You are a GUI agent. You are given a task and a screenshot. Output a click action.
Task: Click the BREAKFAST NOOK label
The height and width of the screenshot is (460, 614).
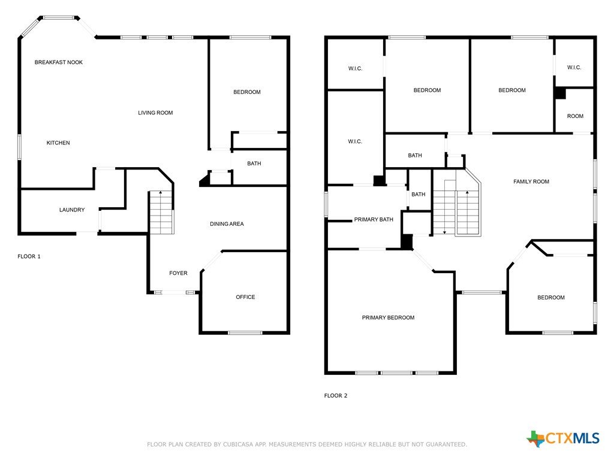59,62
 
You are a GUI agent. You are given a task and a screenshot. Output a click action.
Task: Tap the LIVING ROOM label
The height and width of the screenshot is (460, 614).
155,113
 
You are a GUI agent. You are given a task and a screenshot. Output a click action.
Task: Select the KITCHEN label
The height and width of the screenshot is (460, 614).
58,143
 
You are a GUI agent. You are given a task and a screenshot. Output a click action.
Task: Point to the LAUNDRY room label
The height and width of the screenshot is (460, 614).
72,210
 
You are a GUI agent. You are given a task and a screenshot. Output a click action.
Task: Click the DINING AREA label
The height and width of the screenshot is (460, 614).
227,224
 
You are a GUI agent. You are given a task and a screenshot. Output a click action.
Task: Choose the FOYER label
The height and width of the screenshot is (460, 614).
178,273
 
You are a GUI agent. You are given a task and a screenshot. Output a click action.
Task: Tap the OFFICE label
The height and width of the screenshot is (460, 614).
245,297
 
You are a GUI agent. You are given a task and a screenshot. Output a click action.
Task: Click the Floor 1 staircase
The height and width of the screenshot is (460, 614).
161,213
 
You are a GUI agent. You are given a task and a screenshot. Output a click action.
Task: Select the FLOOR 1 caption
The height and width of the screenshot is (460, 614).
29,256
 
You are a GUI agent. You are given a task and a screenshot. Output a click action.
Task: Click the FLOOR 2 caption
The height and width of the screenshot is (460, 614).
336,395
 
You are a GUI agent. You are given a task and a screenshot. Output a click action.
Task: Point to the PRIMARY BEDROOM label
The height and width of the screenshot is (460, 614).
388,317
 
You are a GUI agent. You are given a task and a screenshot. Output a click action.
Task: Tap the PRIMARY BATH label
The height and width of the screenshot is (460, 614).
374,219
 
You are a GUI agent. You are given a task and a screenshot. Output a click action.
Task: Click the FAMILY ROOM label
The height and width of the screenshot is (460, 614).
531,181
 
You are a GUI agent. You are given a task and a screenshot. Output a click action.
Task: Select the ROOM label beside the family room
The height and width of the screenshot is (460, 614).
575,116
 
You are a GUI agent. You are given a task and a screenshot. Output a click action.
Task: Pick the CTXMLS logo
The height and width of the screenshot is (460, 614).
562,438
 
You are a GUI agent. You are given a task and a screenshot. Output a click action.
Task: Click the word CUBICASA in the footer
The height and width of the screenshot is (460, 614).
239,444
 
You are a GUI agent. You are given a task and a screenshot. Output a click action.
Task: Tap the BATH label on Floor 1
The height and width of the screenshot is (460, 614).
254,164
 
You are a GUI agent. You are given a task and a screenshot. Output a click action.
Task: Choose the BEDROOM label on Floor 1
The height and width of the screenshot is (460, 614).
247,92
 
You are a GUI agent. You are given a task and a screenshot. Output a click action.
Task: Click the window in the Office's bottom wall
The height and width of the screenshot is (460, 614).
245,333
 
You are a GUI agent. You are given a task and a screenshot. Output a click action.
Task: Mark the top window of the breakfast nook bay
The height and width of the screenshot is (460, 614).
59,17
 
